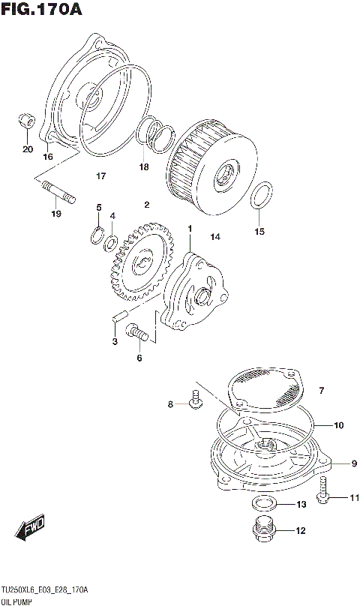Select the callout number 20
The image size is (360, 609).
click(28, 149)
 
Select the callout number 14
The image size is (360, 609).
click(215, 237)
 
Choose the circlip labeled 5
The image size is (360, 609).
click(97, 235)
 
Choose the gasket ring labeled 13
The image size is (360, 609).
click(262, 503)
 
